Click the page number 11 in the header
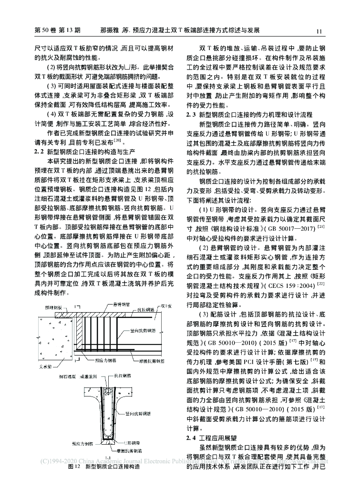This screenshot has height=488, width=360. (319, 31)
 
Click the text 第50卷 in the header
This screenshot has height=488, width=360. (45, 31)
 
